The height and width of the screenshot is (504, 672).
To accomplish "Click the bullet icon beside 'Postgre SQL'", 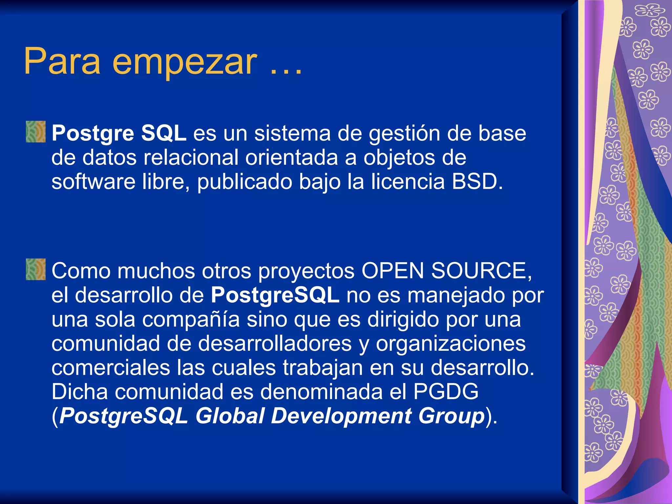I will (x=36, y=132).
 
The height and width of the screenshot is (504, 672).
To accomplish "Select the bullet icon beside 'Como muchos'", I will (x=36, y=269).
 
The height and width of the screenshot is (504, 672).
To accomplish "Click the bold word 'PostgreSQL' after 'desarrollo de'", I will (x=275, y=295).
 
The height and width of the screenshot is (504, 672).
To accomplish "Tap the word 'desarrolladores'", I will (x=275, y=344).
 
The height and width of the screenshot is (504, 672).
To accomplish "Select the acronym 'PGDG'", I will (x=446, y=391).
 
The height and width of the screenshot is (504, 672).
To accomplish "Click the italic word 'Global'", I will (x=230, y=416).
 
